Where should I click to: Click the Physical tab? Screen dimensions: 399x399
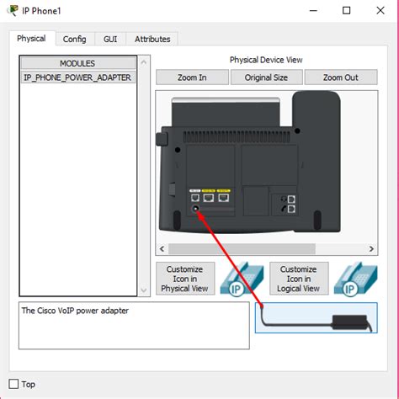coord(31,39)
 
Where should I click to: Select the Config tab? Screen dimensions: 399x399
coord(75,39)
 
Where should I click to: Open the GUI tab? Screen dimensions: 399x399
coord(110,39)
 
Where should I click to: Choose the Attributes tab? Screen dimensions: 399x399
coord(152,39)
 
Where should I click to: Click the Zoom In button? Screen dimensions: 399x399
coord(192,77)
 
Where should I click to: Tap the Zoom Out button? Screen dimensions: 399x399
coord(340,77)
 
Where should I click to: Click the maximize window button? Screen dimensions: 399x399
coord(346,11)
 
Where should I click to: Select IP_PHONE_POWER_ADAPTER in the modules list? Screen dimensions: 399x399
coord(77,77)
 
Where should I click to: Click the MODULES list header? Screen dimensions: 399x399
coord(77,63)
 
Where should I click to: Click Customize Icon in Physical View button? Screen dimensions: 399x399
coord(185,279)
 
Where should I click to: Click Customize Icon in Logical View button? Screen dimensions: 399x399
coord(298,279)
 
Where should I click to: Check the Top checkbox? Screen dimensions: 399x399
coord(13,384)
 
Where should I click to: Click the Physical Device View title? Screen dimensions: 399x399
coord(266,60)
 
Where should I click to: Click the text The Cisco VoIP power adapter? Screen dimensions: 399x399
coord(74,310)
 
